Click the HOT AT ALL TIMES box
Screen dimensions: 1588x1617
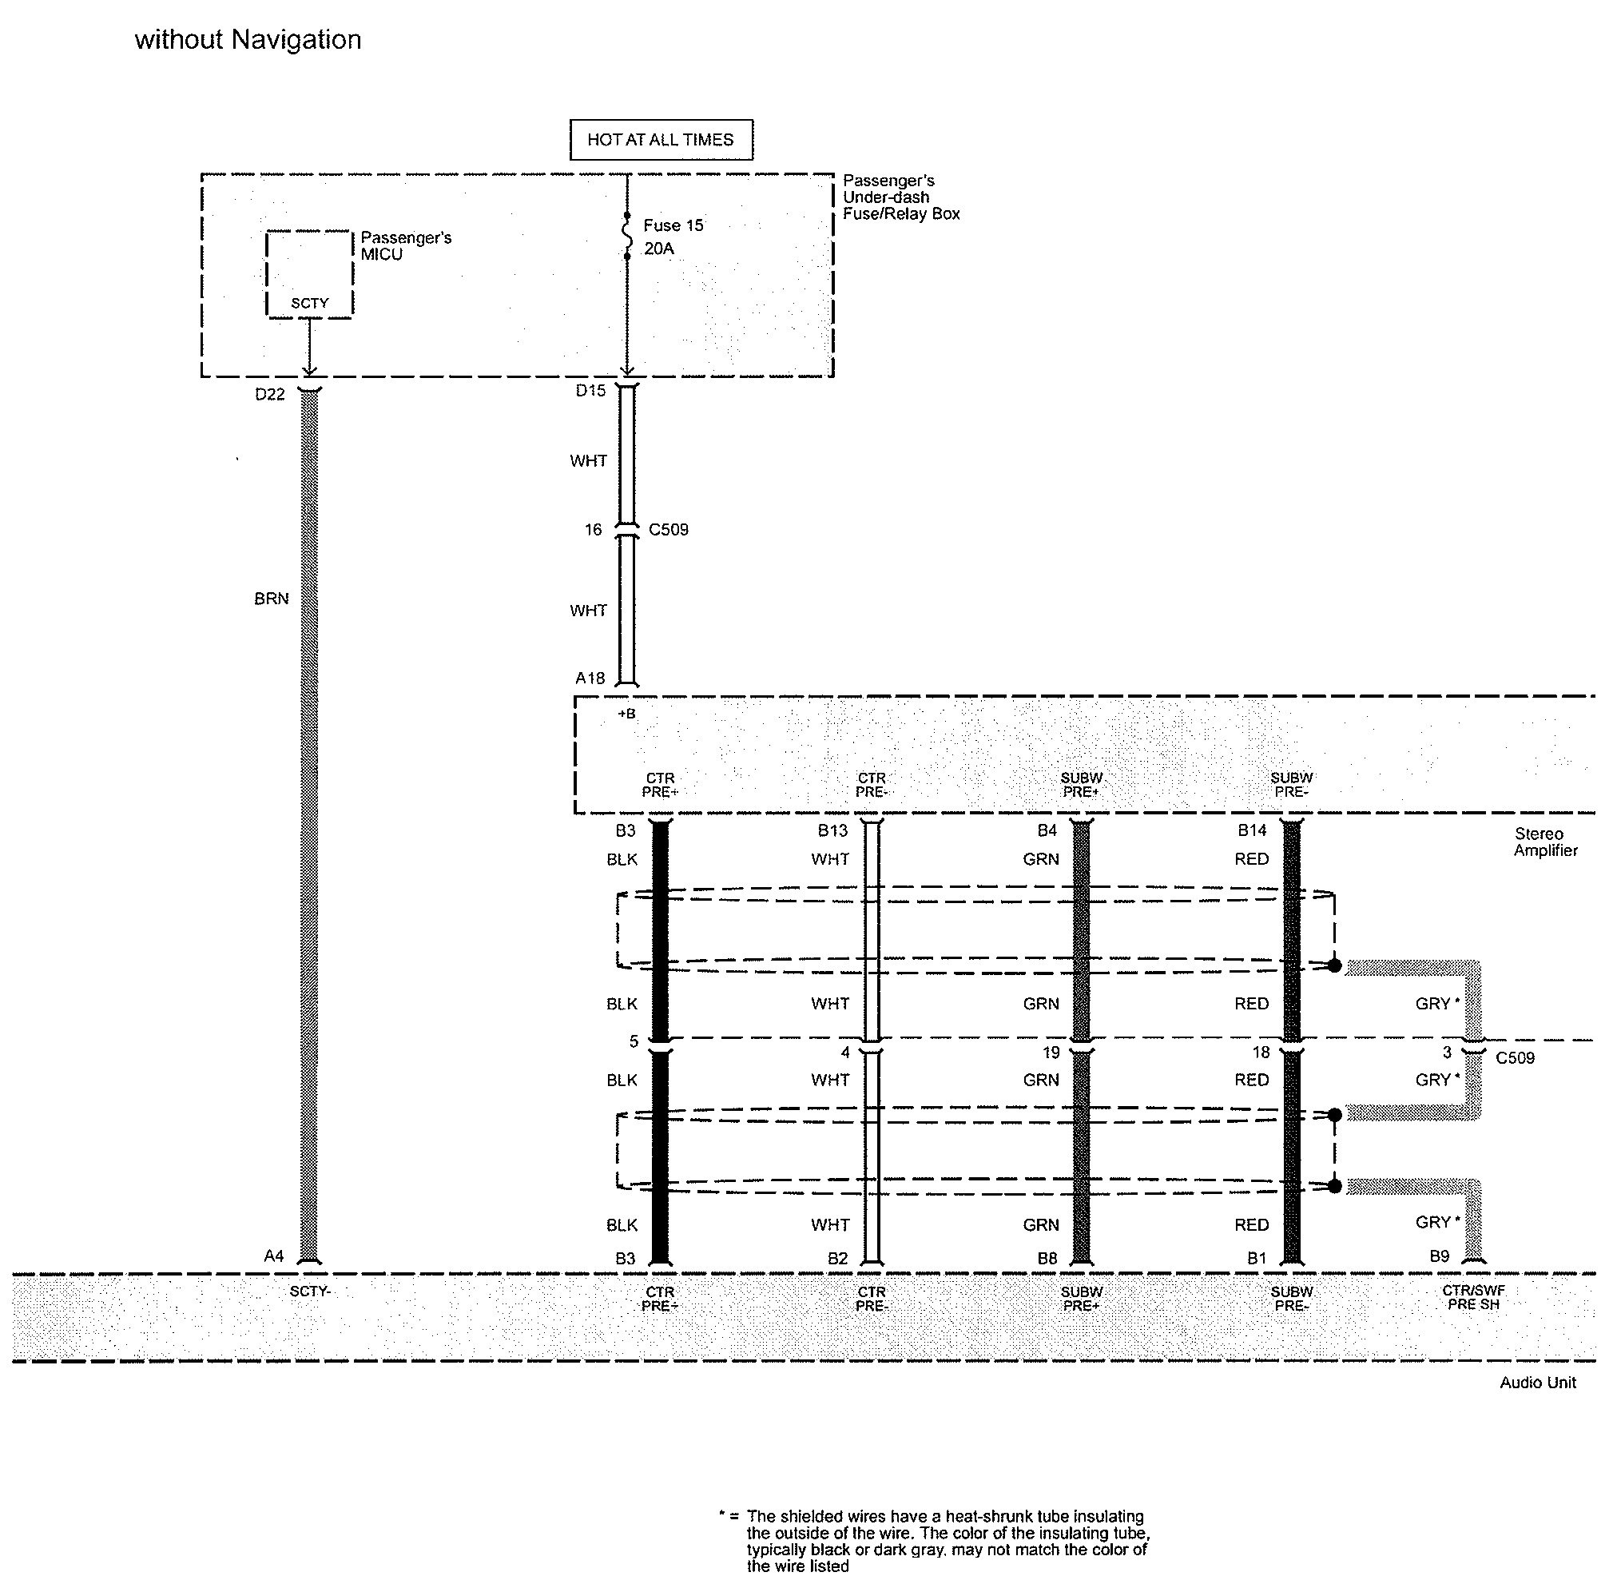coord(661,139)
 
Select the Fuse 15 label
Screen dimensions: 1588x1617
coord(673,225)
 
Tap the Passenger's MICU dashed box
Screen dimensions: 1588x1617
coord(309,273)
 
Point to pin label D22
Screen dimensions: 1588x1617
coord(269,395)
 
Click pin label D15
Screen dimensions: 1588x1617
coord(590,390)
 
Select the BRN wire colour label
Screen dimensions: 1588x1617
coord(271,599)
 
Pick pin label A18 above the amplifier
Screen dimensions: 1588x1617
coord(590,678)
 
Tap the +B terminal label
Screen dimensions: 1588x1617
coord(626,713)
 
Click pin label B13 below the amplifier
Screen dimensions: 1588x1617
coord(832,830)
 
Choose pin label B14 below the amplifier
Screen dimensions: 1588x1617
coord(1252,830)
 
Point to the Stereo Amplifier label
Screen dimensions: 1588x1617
coord(1545,842)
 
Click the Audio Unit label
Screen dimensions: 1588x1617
coord(1537,1383)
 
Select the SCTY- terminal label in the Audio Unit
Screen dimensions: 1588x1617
coord(310,1291)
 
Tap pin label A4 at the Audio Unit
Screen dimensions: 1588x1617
coord(273,1256)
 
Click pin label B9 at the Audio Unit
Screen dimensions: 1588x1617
coord(1440,1256)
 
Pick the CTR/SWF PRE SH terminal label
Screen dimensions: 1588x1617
coord(1472,1298)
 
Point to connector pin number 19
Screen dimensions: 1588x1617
coord(1051,1053)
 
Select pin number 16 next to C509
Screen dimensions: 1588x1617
coord(592,530)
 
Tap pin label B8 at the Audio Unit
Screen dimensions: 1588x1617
coord(1047,1258)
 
